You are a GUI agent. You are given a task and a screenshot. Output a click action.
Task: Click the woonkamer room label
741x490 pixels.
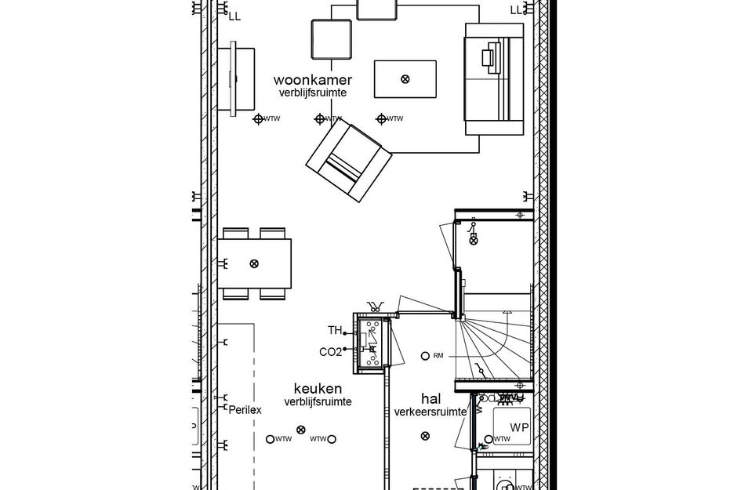[312, 80]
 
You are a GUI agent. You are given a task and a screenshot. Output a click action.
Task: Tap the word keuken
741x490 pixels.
[318, 388]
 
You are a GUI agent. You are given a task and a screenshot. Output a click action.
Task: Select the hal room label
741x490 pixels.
[430, 398]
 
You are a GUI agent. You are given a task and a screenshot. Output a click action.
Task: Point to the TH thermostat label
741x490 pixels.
[335, 330]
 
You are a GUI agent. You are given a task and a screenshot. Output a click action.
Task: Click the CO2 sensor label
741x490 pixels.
[330, 352]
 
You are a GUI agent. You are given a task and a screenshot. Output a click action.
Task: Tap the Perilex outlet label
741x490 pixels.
[245, 409]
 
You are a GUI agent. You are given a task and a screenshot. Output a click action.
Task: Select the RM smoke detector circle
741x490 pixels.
[426, 355]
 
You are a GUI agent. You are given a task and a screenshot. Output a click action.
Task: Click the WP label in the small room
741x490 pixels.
[519, 427]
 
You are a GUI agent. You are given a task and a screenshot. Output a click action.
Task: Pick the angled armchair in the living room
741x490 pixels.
[349, 159]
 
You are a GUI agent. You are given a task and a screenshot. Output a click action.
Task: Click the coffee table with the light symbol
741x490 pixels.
[405, 78]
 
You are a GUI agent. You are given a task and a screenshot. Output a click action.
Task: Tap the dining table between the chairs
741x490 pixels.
[254, 263]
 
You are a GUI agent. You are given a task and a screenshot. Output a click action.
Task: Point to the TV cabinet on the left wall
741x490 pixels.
[236, 78]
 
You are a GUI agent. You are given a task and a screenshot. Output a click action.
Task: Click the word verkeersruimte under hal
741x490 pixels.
[430, 412]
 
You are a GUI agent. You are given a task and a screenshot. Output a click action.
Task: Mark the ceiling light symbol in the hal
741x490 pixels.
[425, 436]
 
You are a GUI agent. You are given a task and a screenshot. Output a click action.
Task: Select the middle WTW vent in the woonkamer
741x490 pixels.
[320, 119]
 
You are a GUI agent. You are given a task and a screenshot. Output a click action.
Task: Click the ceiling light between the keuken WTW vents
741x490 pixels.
[300, 429]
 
